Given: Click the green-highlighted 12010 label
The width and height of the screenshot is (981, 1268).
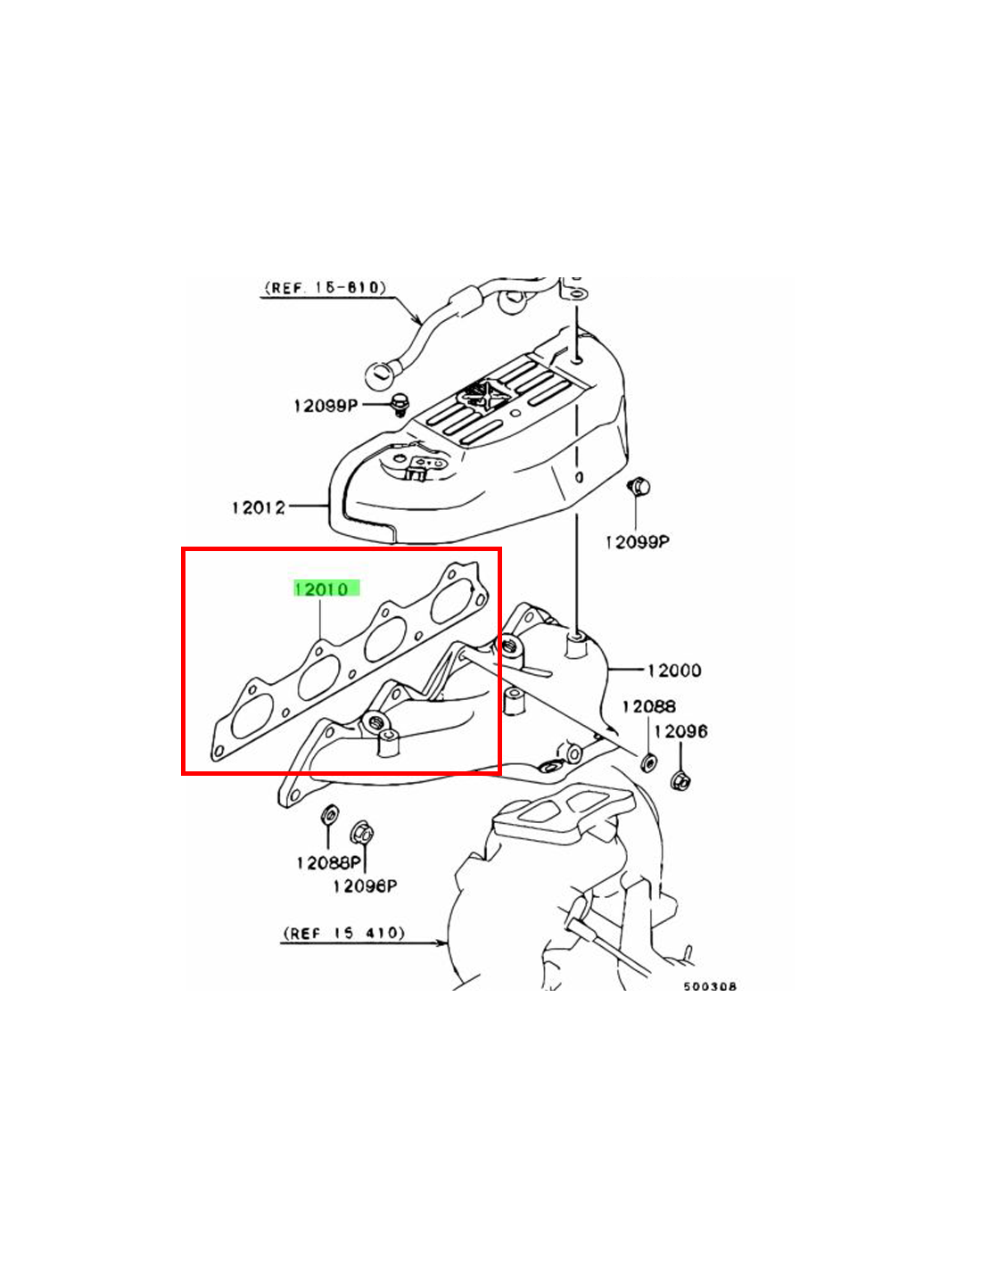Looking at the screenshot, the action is (326, 589).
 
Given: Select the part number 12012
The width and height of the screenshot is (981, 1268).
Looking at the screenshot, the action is (259, 507).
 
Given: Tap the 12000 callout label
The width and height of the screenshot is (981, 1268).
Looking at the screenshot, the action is (674, 670).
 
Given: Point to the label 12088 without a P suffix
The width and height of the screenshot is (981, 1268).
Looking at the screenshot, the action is (649, 706).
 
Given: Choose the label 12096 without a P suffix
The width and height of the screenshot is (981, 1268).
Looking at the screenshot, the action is (681, 730).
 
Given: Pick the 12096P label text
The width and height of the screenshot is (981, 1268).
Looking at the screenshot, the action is (366, 885).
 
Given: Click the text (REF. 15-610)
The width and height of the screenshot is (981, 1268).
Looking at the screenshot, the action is (326, 288).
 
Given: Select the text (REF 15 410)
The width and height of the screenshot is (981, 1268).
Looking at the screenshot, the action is (343, 933).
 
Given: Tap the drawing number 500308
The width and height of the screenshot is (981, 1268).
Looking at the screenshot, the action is (710, 987).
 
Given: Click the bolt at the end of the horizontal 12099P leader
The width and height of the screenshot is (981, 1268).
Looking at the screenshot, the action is (400, 404).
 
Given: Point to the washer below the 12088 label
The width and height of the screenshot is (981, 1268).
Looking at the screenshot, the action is (647, 762).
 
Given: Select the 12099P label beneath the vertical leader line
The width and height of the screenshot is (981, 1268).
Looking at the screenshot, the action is (637, 542).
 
